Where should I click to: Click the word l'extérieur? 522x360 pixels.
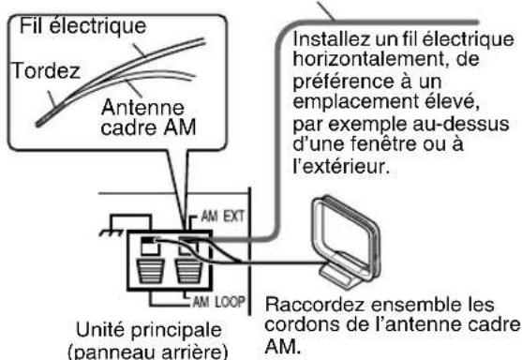coord(351,172)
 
